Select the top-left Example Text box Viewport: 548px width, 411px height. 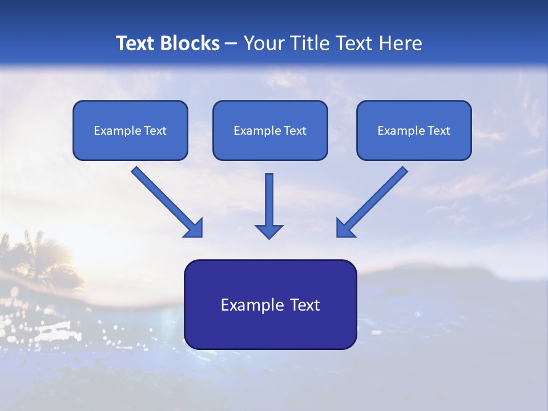pyautogui.click(x=130, y=130)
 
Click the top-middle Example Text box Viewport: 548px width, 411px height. pyautogui.click(x=270, y=130)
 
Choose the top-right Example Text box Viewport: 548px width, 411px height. pyautogui.click(x=414, y=130)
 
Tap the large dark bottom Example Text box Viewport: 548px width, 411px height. pyautogui.click(x=270, y=304)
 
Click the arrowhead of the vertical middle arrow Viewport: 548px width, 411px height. pyautogui.click(x=269, y=231)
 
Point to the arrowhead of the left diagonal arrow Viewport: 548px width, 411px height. pyautogui.click(x=194, y=228)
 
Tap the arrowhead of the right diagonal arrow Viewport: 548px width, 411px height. pyautogui.click(x=345, y=228)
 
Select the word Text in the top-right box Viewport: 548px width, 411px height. pyautogui.click(x=438, y=131)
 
